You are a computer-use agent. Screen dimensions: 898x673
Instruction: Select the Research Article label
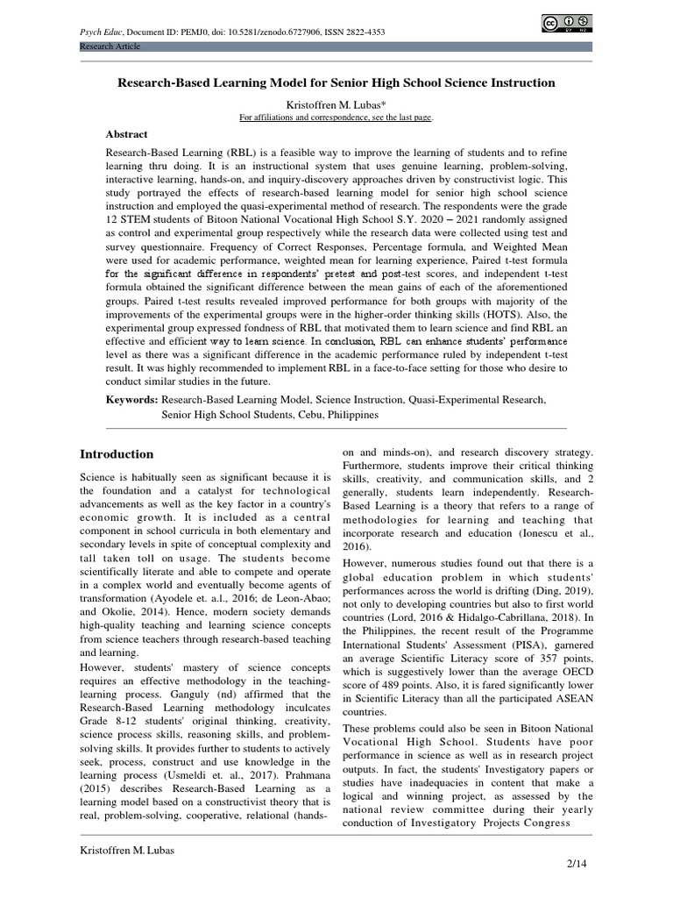(x=110, y=46)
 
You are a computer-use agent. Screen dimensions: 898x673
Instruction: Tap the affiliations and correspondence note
(x=336, y=117)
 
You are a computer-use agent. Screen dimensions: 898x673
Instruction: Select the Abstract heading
(x=127, y=134)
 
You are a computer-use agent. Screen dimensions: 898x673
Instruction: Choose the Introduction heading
(x=117, y=454)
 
